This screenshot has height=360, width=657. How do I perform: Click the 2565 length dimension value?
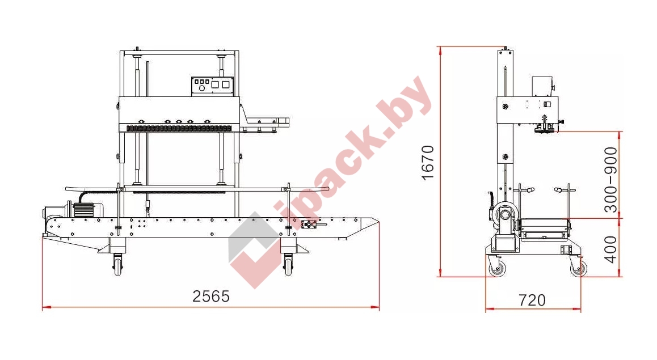pyautogui.click(x=211, y=297)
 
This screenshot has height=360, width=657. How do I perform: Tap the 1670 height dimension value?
pyautogui.click(x=428, y=163)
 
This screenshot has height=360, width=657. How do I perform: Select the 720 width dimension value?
pyautogui.click(x=532, y=300)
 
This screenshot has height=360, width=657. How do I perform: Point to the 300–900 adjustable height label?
pyautogui.click(x=612, y=180)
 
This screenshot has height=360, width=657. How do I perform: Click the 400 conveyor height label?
pyautogui.click(x=612, y=249)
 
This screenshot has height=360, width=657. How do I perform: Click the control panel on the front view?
pyautogui.click(x=212, y=86)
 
